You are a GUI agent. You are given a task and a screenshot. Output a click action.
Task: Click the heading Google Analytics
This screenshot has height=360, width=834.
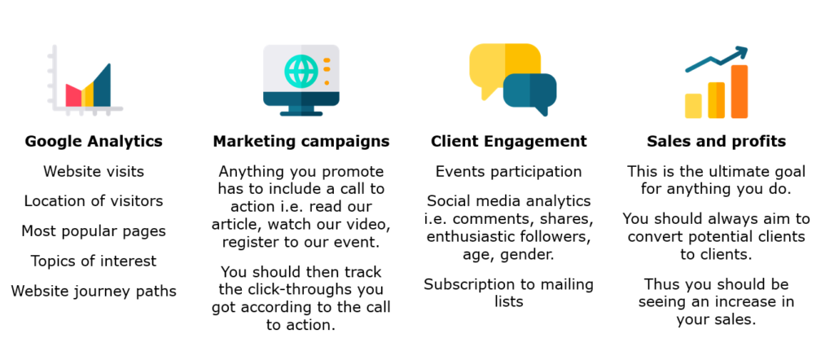click(x=94, y=142)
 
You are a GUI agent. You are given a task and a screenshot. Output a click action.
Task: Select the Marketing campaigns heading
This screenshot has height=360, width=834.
click(x=301, y=142)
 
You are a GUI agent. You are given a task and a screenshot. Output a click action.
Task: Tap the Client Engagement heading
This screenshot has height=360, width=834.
click(x=508, y=142)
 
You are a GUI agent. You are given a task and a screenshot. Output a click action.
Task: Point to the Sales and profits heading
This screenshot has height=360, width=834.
click(x=717, y=142)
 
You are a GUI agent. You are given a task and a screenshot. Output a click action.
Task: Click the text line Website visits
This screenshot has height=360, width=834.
click(x=94, y=171)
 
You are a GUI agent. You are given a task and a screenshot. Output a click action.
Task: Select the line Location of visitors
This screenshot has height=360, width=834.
click(x=94, y=201)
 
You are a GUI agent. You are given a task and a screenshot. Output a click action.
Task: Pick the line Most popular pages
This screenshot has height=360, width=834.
click(x=94, y=231)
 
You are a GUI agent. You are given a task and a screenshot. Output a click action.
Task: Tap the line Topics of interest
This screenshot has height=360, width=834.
click(x=94, y=261)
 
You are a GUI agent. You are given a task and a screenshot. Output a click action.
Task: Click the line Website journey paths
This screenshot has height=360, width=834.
click(x=94, y=292)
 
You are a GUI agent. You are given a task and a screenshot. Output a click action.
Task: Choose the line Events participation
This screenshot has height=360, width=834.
click(x=508, y=171)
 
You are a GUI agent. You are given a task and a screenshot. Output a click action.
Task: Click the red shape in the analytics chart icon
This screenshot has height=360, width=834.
click(x=73, y=95)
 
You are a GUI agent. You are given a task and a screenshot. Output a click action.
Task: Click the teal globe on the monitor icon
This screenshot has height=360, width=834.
click(x=301, y=71)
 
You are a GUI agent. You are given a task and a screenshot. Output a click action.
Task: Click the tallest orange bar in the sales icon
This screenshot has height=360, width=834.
click(x=740, y=91)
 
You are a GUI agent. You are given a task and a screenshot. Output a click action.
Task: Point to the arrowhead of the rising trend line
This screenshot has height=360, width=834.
click(x=741, y=53)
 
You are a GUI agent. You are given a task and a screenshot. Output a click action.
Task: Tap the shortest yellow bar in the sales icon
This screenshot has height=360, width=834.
click(x=693, y=106)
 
